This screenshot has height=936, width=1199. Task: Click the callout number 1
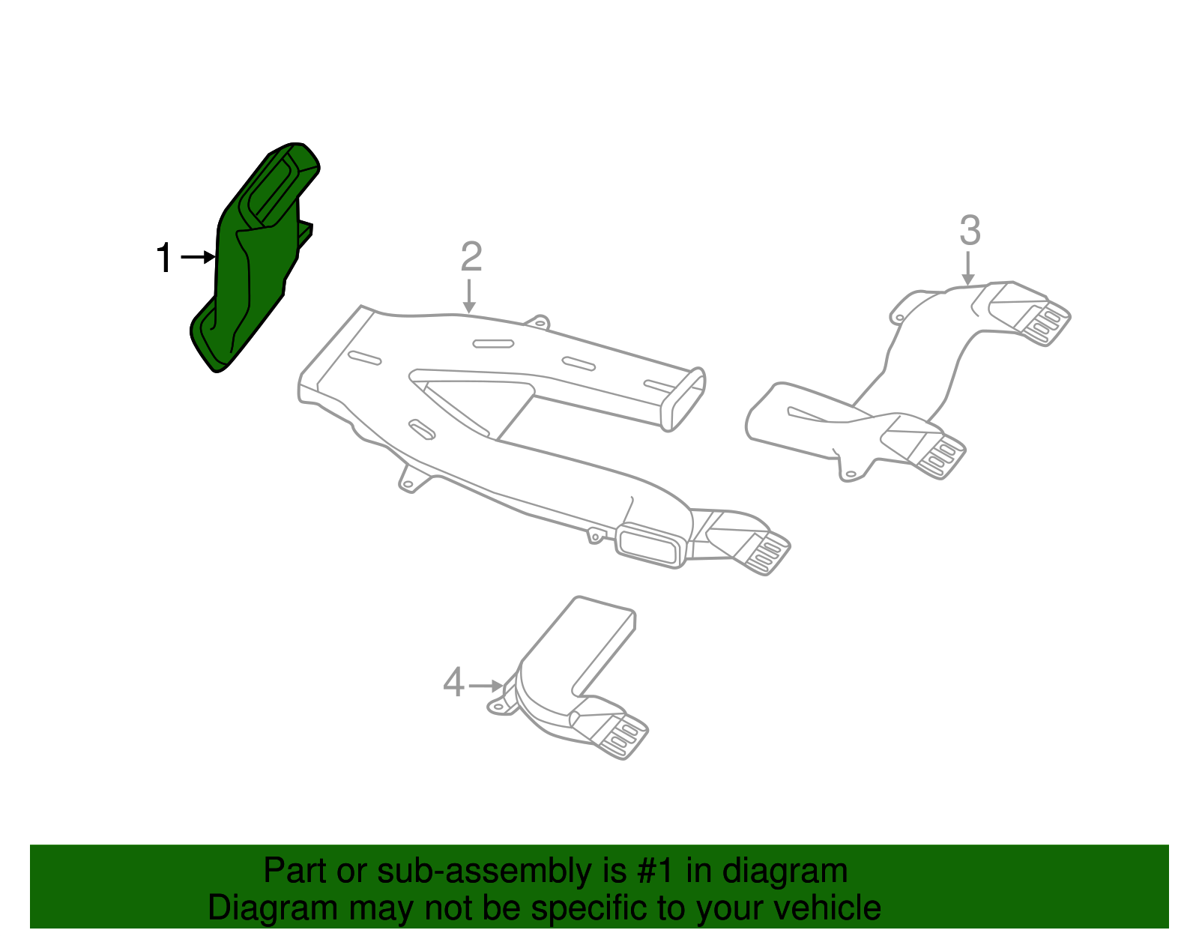click(x=164, y=259)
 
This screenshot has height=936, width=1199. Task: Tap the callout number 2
click(x=471, y=257)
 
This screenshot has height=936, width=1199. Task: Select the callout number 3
click(x=970, y=230)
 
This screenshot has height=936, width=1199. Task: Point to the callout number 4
click(x=453, y=683)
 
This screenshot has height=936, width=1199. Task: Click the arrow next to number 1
click(x=199, y=258)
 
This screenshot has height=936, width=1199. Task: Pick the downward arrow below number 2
click(x=469, y=296)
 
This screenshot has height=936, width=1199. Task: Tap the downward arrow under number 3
click(x=968, y=268)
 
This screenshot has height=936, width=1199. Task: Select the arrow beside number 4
click(x=486, y=685)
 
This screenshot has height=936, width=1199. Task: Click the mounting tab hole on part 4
click(x=496, y=706)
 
